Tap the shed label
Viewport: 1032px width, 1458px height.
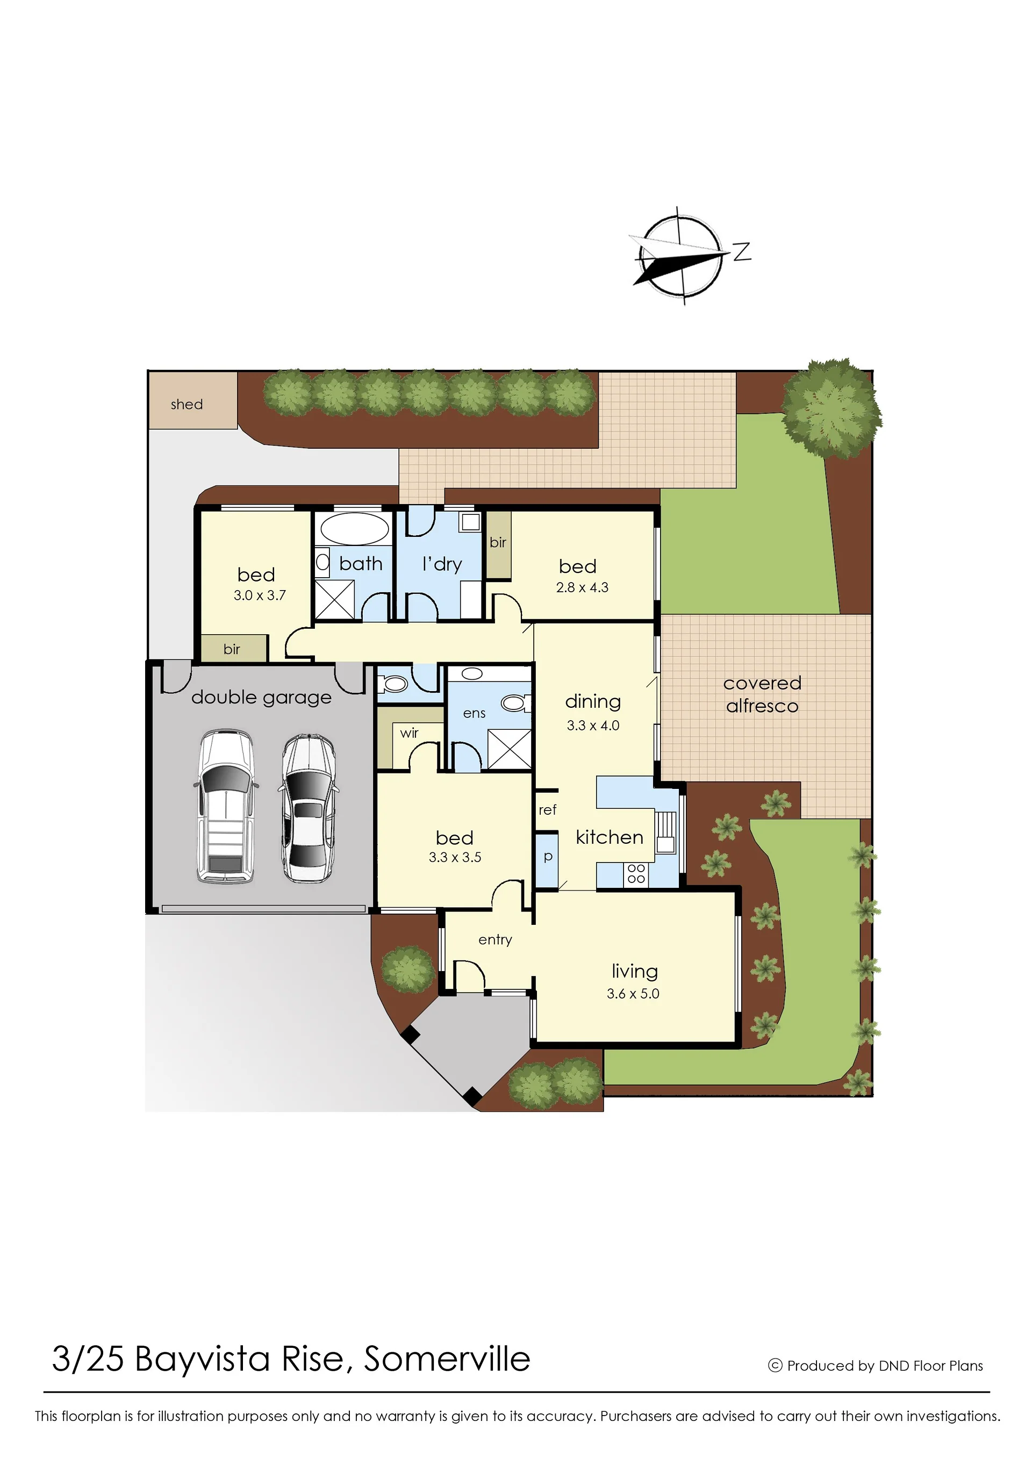[187, 404]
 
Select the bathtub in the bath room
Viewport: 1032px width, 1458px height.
[355, 528]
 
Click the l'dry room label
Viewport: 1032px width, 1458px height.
[442, 564]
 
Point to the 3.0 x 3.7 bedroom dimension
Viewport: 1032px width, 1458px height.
[260, 595]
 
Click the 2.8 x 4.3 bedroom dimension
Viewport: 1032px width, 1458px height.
[582, 587]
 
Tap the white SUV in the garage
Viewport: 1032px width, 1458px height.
[226, 806]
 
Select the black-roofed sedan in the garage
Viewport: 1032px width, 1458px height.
[308, 808]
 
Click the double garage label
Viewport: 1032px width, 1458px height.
[261, 698]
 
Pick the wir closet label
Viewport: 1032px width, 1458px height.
[409, 733]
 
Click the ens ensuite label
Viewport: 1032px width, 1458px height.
[474, 714]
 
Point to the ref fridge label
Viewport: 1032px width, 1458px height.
[547, 809]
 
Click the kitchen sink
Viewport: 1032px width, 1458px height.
[665, 832]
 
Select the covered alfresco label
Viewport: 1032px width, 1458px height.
[762, 694]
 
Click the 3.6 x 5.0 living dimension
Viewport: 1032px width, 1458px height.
[633, 993]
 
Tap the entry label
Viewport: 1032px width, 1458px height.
[495, 939]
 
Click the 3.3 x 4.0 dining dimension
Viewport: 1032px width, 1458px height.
[593, 725]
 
